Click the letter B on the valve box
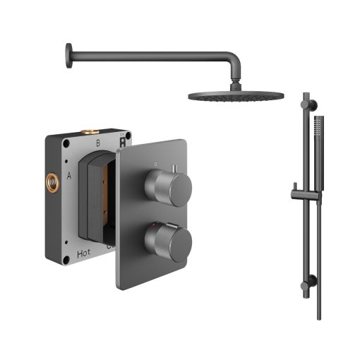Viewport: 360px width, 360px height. click(x=98, y=143)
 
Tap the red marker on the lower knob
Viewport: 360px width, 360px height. click(x=155, y=224)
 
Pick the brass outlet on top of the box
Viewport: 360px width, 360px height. click(x=90, y=131)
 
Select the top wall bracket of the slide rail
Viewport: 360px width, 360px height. click(x=305, y=97)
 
